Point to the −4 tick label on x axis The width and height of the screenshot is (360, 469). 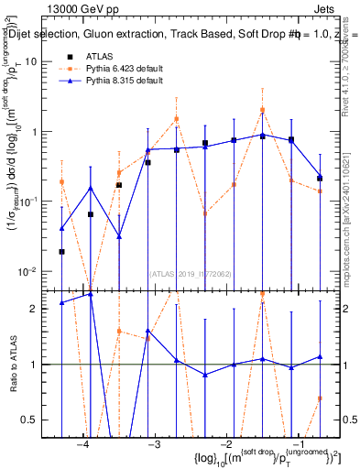pos(82,444)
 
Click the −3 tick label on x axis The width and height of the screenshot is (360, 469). pos(154,444)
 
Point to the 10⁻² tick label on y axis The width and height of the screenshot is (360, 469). pos(29,272)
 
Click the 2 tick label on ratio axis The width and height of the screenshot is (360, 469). pos(37,309)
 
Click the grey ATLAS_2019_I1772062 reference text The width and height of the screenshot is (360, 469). pos(190,273)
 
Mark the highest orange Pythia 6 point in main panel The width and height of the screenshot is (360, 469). pos(262,110)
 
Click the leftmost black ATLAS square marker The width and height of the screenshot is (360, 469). pos(61,252)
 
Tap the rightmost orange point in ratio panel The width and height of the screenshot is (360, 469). pos(320,398)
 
